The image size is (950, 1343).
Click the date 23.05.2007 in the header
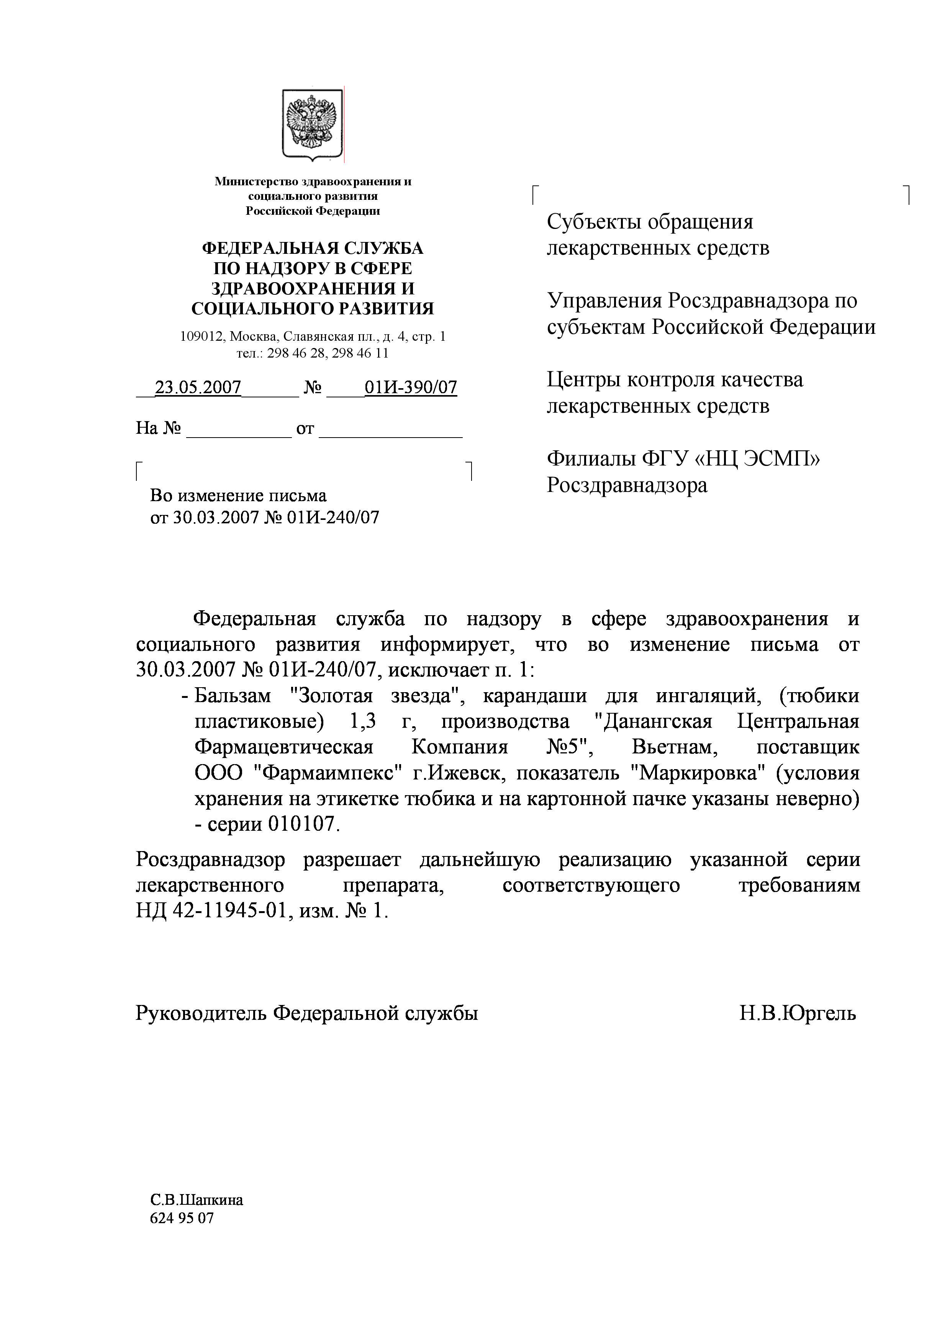(x=198, y=387)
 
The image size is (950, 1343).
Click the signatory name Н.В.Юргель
(x=797, y=1013)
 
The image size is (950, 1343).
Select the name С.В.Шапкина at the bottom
(x=197, y=1200)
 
